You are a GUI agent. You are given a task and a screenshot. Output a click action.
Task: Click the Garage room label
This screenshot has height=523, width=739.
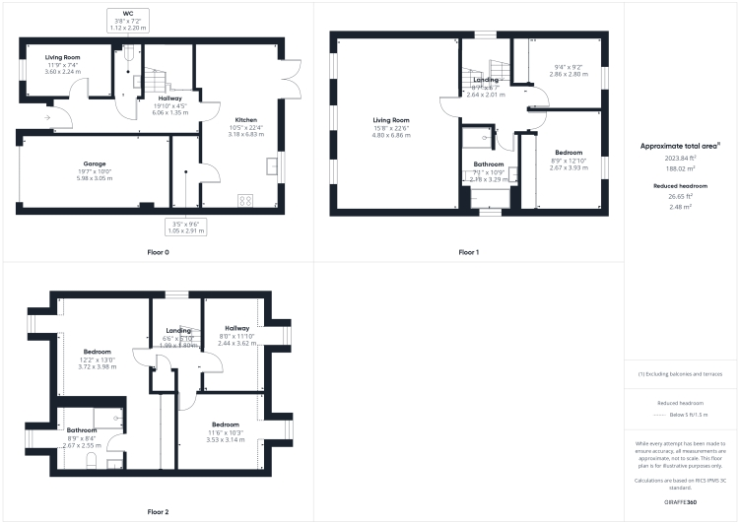click(x=95, y=163)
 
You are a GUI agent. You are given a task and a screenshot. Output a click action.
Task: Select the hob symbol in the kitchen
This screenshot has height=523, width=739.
click(x=244, y=201)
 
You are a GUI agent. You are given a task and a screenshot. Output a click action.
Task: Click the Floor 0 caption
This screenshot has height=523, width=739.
click(x=158, y=252)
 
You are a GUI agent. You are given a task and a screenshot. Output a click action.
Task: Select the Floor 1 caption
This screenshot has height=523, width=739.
click(x=468, y=252)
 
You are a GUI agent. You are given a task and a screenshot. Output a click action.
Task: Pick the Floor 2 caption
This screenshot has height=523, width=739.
click(x=158, y=511)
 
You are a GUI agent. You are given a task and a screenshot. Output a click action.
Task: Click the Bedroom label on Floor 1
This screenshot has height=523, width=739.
click(x=568, y=153)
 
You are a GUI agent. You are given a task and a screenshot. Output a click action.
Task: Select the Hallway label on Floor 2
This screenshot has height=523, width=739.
click(x=236, y=328)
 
